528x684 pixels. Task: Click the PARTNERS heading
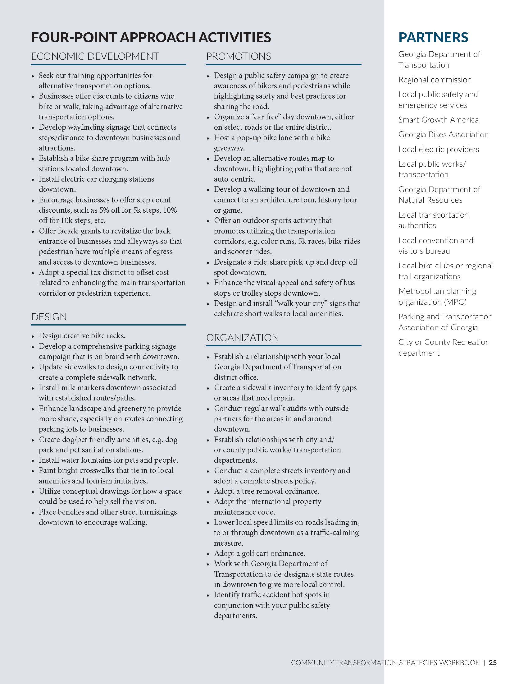point(433,37)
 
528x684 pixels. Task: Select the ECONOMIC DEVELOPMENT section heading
point(95,56)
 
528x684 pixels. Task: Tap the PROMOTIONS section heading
point(238,56)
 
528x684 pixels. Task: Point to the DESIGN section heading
point(49,317)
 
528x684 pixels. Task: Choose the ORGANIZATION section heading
point(243,338)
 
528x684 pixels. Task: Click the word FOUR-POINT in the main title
point(74,37)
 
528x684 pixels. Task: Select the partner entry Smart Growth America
point(438,120)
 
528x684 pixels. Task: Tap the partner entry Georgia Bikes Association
point(443,134)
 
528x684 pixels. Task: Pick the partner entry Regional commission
point(435,80)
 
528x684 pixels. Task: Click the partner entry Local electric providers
point(439,149)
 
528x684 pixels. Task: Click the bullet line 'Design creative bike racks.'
point(82,336)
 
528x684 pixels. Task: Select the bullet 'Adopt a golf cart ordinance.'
point(260,553)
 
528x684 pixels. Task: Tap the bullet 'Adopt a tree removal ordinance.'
point(266,491)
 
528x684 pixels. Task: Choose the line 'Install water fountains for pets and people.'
point(108,460)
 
